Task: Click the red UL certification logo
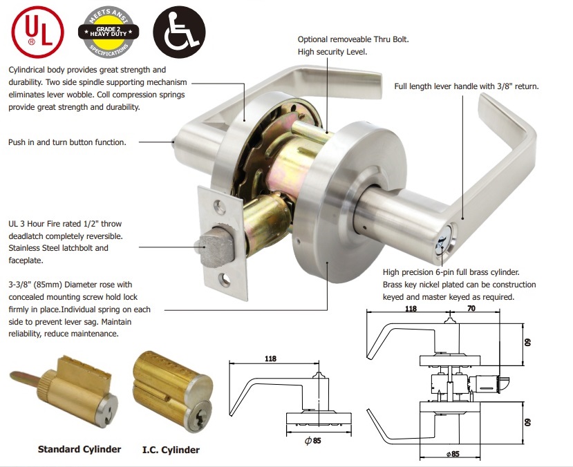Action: [37, 32]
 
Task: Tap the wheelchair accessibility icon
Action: [179, 32]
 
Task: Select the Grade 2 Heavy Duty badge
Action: [109, 32]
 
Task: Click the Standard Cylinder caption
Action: [79, 449]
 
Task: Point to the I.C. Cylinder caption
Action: [171, 450]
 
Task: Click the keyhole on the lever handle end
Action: [444, 242]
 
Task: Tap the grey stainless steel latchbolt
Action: [216, 247]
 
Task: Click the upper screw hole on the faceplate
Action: [220, 207]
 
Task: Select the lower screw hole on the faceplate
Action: [226, 280]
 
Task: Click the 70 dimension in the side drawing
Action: [471, 309]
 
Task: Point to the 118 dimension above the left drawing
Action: [270, 359]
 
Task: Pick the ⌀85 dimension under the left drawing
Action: [313, 441]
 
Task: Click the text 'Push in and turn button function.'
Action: [67, 142]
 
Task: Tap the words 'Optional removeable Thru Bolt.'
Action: [353, 39]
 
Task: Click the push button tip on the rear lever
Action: [173, 142]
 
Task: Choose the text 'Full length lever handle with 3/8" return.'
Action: [467, 86]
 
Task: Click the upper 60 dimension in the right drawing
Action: [527, 343]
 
